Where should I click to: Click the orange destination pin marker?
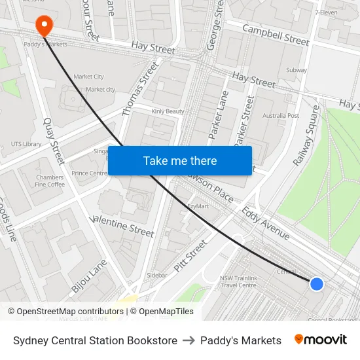click(x=44, y=26)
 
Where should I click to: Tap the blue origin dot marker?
click(x=316, y=283)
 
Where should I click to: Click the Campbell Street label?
click(x=276, y=35)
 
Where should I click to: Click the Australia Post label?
click(x=280, y=116)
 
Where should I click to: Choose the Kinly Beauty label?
click(x=168, y=112)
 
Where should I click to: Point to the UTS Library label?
click(x=26, y=144)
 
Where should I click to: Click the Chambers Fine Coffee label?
click(x=50, y=181)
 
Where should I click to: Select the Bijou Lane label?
click(x=84, y=275)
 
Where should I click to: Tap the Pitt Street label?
click(x=190, y=256)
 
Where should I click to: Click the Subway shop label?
click(x=297, y=69)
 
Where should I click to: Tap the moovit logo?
click(x=321, y=340)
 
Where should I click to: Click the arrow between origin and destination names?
click(x=189, y=340)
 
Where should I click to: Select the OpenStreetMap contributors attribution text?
click(x=65, y=312)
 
